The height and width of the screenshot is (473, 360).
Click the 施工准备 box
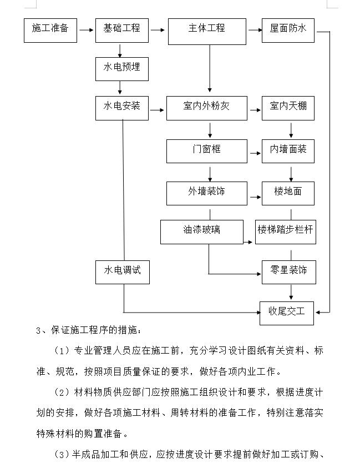tap(50, 31)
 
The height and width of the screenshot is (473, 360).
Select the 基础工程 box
tap(122, 31)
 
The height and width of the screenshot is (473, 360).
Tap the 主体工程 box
tap(207, 32)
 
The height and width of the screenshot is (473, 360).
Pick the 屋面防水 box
tap(288, 31)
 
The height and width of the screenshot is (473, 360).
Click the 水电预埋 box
tap(122, 69)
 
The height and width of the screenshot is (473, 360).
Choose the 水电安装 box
tap(122, 108)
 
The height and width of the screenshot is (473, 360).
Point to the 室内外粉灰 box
tap(207, 108)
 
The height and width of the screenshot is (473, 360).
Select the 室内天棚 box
tap(288, 108)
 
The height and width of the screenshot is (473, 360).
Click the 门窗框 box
tap(207, 151)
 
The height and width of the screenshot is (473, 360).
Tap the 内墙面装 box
tap(288, 151)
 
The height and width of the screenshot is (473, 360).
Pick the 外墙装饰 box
tap(207, 193)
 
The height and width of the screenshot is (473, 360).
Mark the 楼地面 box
tap(288, 193)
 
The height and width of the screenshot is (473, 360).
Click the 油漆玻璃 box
tap(202, 232)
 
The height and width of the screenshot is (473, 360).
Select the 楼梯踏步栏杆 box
tap(286, 232)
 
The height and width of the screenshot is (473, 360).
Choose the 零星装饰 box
tap(289, 272)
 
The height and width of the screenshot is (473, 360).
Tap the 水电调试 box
tap(123, 272)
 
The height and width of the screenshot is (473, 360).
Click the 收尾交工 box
tap(287, 313)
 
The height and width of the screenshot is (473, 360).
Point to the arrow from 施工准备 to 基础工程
tap(86, 30)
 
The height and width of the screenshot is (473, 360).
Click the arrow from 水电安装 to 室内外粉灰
tap(157, 110)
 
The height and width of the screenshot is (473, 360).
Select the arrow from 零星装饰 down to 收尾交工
tap(291, 292)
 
